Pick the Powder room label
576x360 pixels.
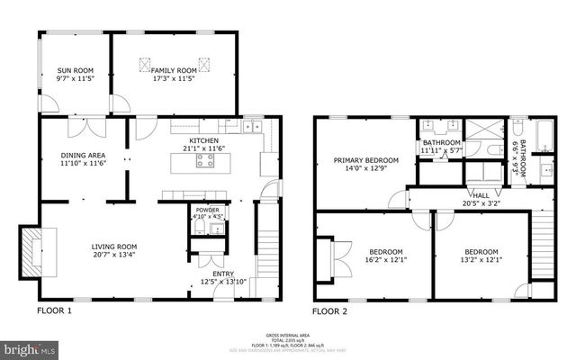click(208, 211)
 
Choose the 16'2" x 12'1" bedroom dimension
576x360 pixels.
click(385, 260)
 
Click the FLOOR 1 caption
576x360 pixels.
click(54, 311)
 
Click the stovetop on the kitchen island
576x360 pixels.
click(205, 162)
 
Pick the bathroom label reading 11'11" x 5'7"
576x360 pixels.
click(442, 147)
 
